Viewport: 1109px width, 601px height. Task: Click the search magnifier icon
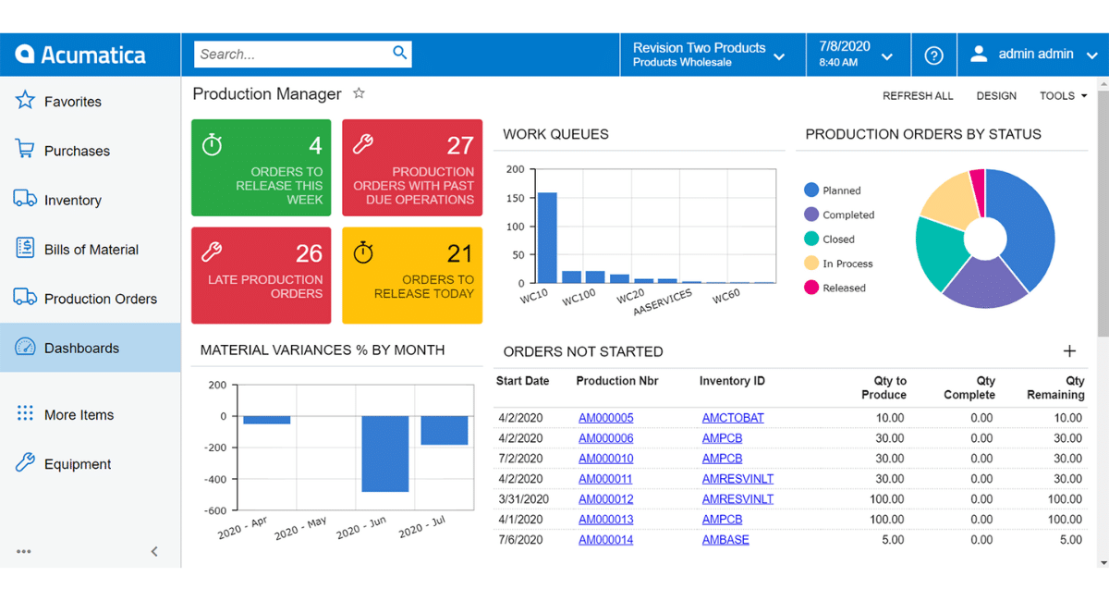pos(399,54)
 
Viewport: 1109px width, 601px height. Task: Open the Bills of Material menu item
pos(91,250)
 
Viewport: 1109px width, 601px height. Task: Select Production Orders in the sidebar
pos(100,299)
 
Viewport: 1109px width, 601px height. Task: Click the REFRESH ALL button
pos(917,96)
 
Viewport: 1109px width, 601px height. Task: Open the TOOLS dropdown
pos(1063,96)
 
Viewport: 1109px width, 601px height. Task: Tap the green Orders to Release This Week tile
pos(261,168)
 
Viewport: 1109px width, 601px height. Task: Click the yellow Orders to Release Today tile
pos(412,276)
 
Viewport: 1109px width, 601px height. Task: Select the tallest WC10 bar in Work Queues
pos(547,238)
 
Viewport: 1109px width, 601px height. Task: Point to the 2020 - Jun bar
pos(384,453)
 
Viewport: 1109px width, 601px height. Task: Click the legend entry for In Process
pos(847,264)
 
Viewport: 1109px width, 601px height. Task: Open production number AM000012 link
pos(605,499)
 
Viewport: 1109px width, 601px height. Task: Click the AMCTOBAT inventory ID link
pos(733,418)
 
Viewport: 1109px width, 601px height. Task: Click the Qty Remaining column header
pos(1055,387)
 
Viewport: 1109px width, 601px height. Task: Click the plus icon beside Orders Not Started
pos(1069,351)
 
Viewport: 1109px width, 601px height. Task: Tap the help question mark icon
pos(933,55)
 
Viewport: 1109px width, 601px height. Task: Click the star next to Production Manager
pos(360,93)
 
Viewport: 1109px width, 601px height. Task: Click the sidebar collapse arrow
pos(154,551)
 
